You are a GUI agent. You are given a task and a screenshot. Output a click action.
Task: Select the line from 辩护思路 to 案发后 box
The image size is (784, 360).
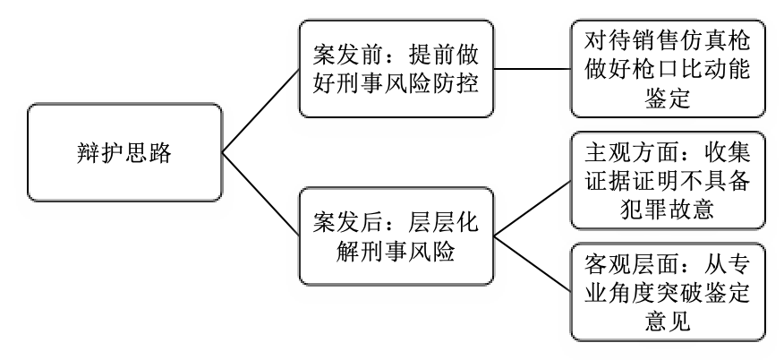click(260, 193)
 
